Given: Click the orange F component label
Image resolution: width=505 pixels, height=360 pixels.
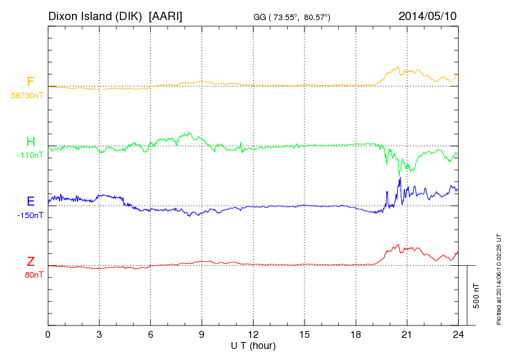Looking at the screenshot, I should tap(30, 82).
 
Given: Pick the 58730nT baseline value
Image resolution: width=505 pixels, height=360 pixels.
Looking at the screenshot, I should tap(27, 96).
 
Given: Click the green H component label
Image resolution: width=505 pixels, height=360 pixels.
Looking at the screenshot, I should tap(30, 142).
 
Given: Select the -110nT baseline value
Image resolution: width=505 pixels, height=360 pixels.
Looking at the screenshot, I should tap(30, 155).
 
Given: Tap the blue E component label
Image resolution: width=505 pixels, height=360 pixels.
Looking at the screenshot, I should tap(30, 201).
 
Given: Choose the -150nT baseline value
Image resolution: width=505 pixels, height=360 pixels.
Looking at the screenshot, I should tap(30, 215).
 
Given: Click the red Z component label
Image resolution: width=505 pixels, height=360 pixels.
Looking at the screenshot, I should tap(30, 261).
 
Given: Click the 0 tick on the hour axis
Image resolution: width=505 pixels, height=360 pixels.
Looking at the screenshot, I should tap(48, 334).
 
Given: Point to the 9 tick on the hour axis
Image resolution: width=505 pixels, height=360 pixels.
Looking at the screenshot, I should tap(202, 334).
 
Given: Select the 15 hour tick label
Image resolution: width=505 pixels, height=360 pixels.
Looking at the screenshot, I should tap(304, 334).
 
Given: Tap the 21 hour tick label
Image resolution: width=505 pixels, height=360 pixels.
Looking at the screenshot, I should tap(407, 334).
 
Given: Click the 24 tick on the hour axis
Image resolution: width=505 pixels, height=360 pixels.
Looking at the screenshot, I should tap(458, 334).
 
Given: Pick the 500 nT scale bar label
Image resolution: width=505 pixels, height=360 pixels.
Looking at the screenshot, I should tap(477, 296).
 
